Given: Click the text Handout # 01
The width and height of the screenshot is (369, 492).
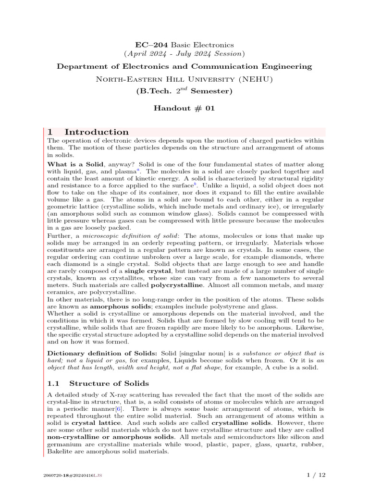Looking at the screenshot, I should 184,108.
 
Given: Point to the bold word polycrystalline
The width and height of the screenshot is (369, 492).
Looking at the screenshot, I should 177,285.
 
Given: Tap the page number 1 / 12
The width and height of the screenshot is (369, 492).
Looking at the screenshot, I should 316,475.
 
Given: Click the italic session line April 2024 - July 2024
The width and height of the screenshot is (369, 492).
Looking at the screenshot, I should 184,53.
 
